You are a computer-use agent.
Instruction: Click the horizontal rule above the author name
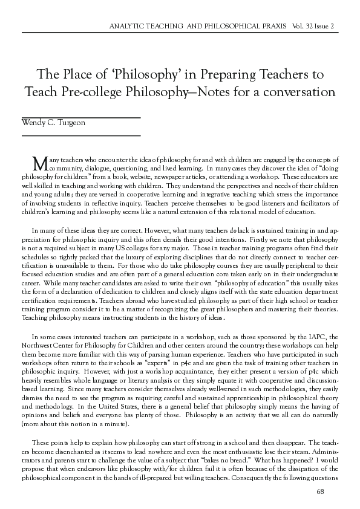pos(81,115)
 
